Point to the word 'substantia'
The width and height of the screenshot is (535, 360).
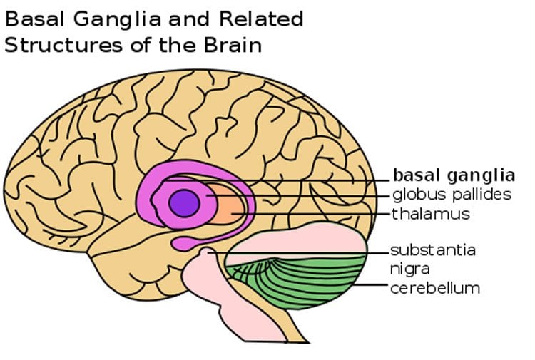(433, 251)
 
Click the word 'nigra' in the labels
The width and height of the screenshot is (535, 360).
(407, 269)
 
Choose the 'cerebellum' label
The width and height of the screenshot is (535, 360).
(434, 288)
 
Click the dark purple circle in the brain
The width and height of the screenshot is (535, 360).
(183, 202)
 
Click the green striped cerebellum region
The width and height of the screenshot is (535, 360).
(307, 282)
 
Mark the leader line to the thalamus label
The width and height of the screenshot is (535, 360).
(321, 213)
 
